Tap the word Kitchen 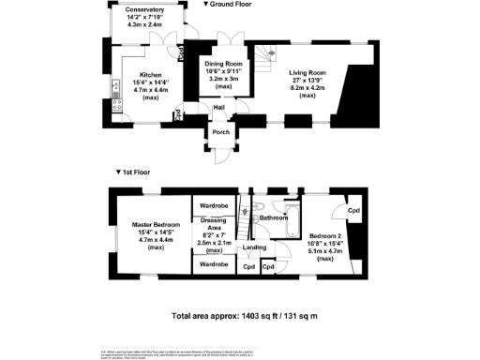pos(152,74)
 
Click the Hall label pos(218,108)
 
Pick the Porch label pos(221,132)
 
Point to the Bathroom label pos(274,217)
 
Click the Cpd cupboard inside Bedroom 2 pos(353,211)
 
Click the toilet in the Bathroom pos(257,203)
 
